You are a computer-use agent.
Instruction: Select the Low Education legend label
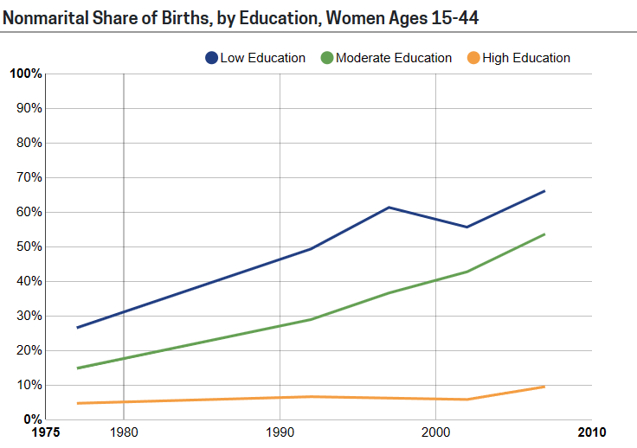[x=262, y=58]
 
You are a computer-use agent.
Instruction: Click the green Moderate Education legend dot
[x=326, y=58]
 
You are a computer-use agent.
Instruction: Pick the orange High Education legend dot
[x=473, y=58]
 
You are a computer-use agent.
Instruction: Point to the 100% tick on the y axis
[x=25, y=74]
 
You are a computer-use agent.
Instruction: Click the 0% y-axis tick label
[x=32, y=419]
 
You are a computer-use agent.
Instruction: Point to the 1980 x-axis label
[x=124, y=432]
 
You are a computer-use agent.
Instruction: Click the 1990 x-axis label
[x=280, y=432]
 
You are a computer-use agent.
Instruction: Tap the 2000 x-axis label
[x=435, y=432]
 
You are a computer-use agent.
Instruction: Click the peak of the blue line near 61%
[x=389, y=207]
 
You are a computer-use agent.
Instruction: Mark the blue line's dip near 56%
[x=466, y=227]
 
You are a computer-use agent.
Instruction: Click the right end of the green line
[x=544, y=234]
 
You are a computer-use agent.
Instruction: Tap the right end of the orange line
[x=544, y=386]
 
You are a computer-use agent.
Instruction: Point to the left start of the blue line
[x=77, y=328]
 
